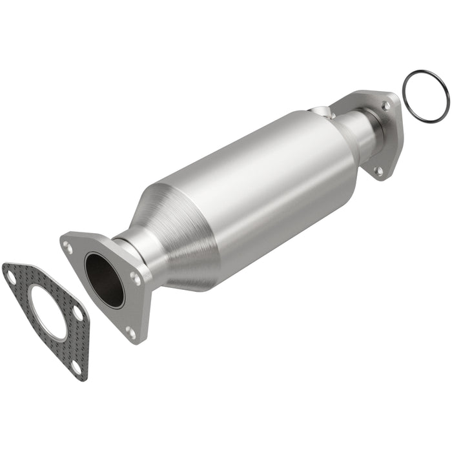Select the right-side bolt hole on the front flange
point(135,278)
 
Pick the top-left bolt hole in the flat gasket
point(12,278)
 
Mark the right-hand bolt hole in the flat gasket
point(78,313)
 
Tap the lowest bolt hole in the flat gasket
point(76,367)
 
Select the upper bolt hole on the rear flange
point(385,105)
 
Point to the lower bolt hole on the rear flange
point(379,170)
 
